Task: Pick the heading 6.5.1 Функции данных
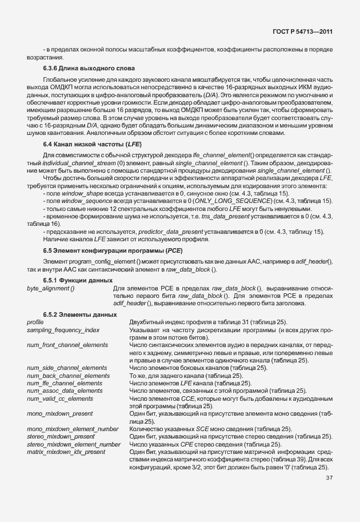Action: click(x=78, y=280)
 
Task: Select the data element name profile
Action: click(x=35, y=322)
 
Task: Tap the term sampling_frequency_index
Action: click(x=63, y=330)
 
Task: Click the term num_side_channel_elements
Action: click(x=66, y=368)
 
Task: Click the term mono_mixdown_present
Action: click(x=59, y=413)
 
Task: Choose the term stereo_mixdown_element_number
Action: click(x=74, y=444)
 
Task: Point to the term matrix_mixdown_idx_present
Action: click(x=66, y=451)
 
